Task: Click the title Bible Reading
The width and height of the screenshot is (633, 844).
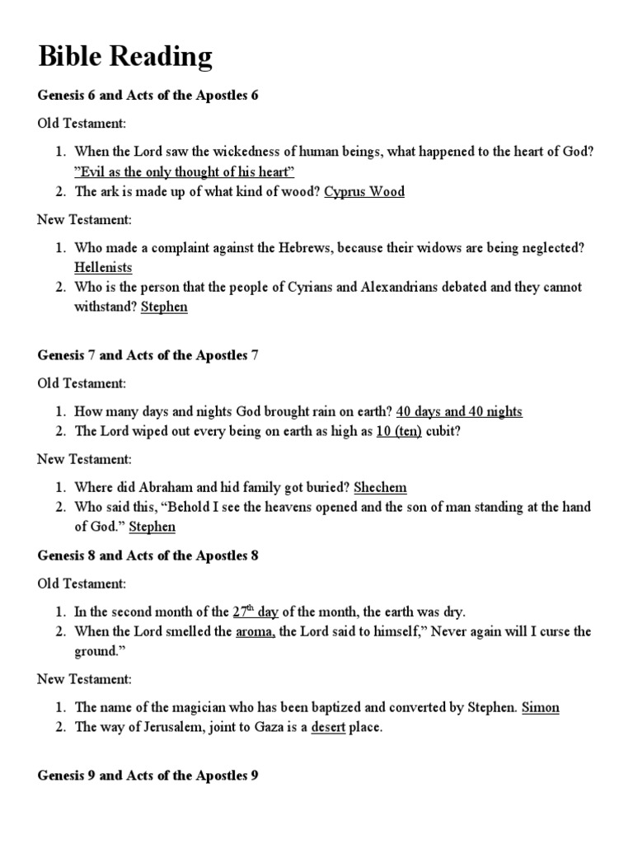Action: [x=125, y=57]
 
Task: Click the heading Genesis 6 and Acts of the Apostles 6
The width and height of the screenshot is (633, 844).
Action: [x=148, y=96]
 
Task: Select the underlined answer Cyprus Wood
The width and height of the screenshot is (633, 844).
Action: [x=364, y=191]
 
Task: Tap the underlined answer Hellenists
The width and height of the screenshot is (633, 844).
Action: [x=103, y=267]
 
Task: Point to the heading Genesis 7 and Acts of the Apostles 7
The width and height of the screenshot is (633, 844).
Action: [x=148, y=355]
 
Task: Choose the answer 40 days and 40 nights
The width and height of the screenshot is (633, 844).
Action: [x=459, y=411]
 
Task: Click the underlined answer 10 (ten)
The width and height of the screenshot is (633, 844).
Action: [x=399, y=431]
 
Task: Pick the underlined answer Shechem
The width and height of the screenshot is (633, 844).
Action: [x=380, y=487]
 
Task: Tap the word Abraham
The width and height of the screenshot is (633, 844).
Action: [x=162, y=487]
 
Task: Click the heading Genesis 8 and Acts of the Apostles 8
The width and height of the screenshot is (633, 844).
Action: [x=148, y=556]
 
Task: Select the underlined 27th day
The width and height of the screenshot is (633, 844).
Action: [x=256, y=612]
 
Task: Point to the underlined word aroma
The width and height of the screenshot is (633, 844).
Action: [x=255, y=631]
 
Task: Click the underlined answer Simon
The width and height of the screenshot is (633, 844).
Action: [x=541, y=707]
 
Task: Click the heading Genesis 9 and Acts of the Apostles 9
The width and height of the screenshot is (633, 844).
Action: [x=148, y=776]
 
